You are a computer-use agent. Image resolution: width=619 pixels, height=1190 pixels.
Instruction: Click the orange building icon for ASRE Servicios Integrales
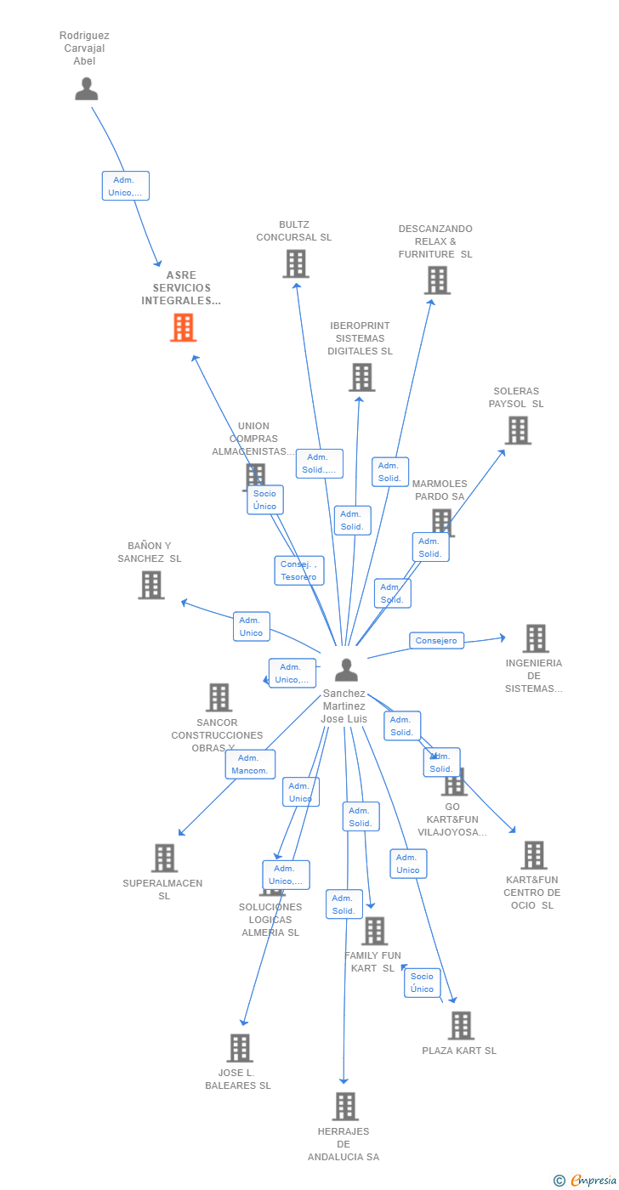184,327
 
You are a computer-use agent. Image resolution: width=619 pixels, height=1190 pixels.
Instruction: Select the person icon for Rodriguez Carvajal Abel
87,88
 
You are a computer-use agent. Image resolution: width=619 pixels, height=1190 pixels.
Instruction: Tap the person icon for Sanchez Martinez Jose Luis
346,670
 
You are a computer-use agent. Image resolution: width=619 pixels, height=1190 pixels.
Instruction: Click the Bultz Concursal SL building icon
296,264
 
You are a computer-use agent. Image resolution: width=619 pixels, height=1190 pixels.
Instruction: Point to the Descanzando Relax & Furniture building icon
437,280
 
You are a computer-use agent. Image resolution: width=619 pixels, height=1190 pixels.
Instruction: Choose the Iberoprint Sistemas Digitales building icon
361,377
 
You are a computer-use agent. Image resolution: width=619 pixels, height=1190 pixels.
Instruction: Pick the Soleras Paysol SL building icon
518,430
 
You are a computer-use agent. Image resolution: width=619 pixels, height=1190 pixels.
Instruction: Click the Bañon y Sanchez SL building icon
151,585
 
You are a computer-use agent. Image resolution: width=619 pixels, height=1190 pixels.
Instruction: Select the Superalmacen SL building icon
164,858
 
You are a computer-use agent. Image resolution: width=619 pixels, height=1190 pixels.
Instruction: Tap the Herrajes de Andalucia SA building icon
345,1106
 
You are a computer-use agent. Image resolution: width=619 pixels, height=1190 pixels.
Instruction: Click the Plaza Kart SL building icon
461,1026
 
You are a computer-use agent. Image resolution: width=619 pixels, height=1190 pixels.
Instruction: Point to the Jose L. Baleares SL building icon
240,1048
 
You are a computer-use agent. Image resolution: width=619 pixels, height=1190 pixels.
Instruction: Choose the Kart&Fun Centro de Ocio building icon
533,855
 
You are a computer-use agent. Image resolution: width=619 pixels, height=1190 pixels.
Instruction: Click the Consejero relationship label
436,641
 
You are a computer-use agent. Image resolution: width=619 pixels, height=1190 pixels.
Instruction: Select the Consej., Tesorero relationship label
299,570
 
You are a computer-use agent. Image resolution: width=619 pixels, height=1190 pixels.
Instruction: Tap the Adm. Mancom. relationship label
250,764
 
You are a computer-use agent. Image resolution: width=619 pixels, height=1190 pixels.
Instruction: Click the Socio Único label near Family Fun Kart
423,983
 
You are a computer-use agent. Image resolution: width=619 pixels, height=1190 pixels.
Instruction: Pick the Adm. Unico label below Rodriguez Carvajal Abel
126,186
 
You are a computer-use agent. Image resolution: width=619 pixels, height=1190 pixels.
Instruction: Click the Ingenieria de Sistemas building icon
535,638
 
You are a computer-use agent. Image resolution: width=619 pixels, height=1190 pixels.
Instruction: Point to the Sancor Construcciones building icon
219,698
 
